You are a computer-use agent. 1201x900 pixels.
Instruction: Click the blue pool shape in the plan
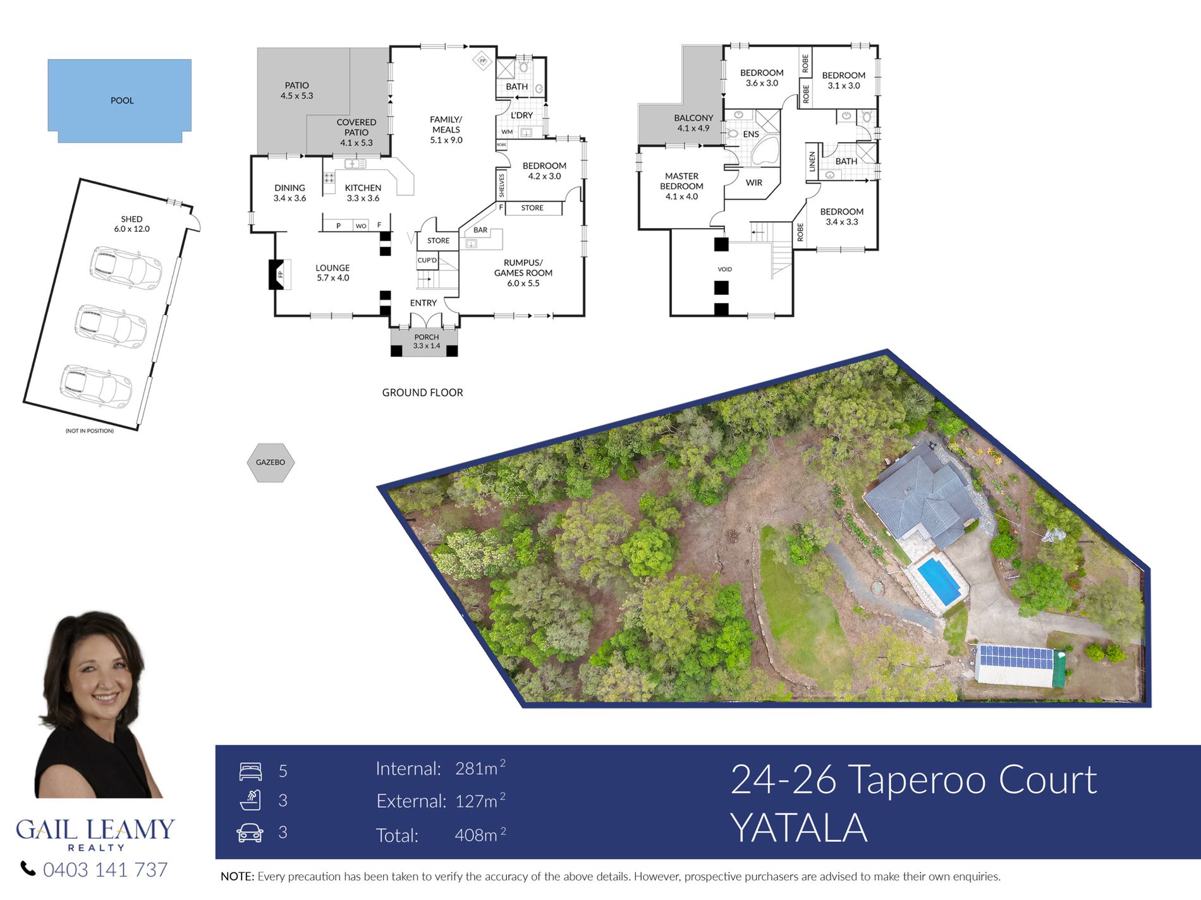click(x=119, y=100)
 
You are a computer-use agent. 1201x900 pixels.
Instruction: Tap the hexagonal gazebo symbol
click(x=271, y=462)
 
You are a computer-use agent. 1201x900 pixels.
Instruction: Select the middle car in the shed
click(x=111, y=326)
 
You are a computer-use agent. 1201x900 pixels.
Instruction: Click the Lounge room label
click(x=332, y=273)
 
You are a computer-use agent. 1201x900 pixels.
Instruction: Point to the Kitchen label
click(x=363, y=193)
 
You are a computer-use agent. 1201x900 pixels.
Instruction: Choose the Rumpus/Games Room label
click(x=523, y=273)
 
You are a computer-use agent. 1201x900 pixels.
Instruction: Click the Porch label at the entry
click(x=427, y=341)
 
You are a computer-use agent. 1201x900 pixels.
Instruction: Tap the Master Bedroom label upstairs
click(x=681, y=186)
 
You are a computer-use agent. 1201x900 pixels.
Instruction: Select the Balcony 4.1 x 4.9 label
click(x=693, y=123)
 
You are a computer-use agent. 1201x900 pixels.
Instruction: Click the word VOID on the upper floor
click(x=724, y=269)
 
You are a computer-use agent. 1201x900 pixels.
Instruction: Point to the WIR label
click(x=754, y=183)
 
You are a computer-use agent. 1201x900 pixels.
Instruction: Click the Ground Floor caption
click(x=422, y=392)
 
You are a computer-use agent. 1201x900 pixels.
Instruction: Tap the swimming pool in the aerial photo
click(x=939, y=581)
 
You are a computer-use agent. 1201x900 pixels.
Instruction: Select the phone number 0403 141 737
click(x=105, y=870)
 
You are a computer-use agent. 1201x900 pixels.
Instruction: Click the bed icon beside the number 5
click(x=250, y=771)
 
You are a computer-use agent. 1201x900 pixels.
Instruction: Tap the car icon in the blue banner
click(x=250, y=832)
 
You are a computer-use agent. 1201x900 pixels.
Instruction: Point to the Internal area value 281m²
click(x=480, y=767)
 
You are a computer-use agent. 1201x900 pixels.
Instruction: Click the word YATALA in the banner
click(x=799, y=828)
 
